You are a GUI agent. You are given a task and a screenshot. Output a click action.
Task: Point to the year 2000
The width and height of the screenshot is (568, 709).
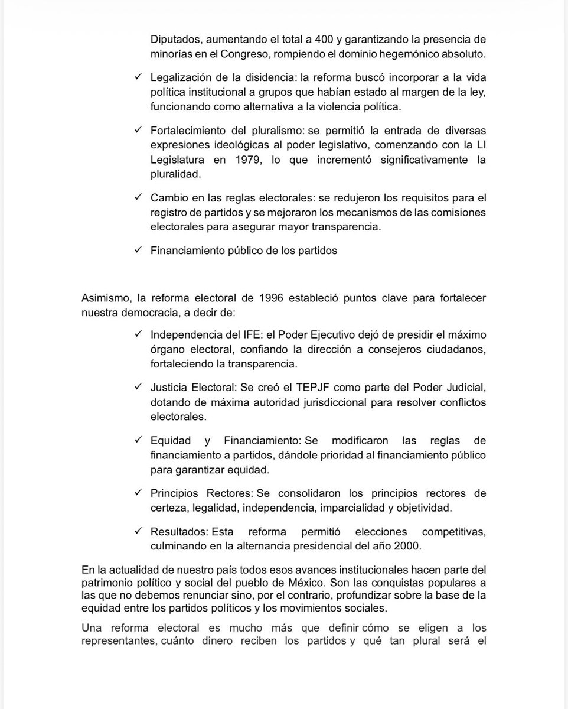408,545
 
